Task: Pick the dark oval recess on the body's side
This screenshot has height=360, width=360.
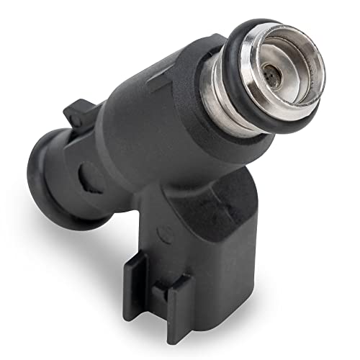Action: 84,174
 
